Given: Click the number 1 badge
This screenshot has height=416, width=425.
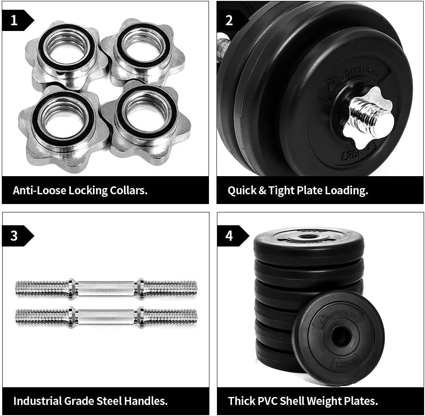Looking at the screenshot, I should click(15, 20).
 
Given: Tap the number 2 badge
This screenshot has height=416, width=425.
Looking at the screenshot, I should click(229, 20).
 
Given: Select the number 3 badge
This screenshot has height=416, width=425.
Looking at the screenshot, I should click(15, 235).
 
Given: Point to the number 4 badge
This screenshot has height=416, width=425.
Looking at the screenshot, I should click(229, 235).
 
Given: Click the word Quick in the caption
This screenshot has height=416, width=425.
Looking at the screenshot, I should click(241, 190).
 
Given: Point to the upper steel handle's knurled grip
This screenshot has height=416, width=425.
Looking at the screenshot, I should click(106, 288).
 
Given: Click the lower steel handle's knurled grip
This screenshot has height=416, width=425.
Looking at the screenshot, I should click(106, 316).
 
